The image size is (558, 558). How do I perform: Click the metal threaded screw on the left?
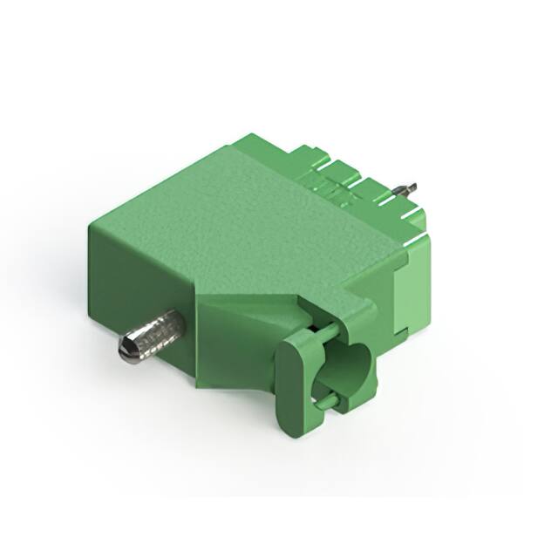pyautogui.click(x=153, y=337)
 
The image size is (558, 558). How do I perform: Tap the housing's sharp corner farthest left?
pyautogui.click(x=89, y=225)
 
